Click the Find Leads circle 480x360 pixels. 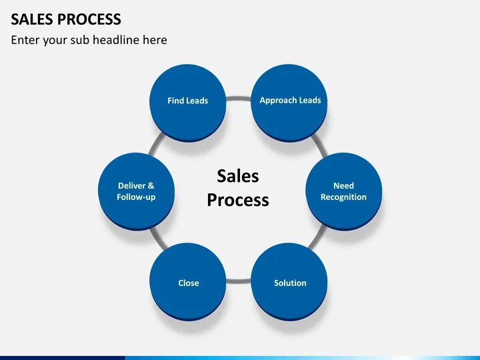click(188, 101)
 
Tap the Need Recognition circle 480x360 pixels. click(343, 191)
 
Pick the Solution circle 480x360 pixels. click(290, 281)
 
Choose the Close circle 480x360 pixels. click(188, 281)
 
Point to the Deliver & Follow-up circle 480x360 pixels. click(136, 191)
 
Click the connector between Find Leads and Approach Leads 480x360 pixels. click(239, 99)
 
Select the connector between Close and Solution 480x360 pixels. click(239, 281)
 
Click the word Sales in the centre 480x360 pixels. click(238, 176)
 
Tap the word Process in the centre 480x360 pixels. click(238, 200)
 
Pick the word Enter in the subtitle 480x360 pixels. click(25, 40)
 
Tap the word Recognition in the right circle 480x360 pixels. click(343, 197)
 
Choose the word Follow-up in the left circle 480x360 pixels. click(136, 197)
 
